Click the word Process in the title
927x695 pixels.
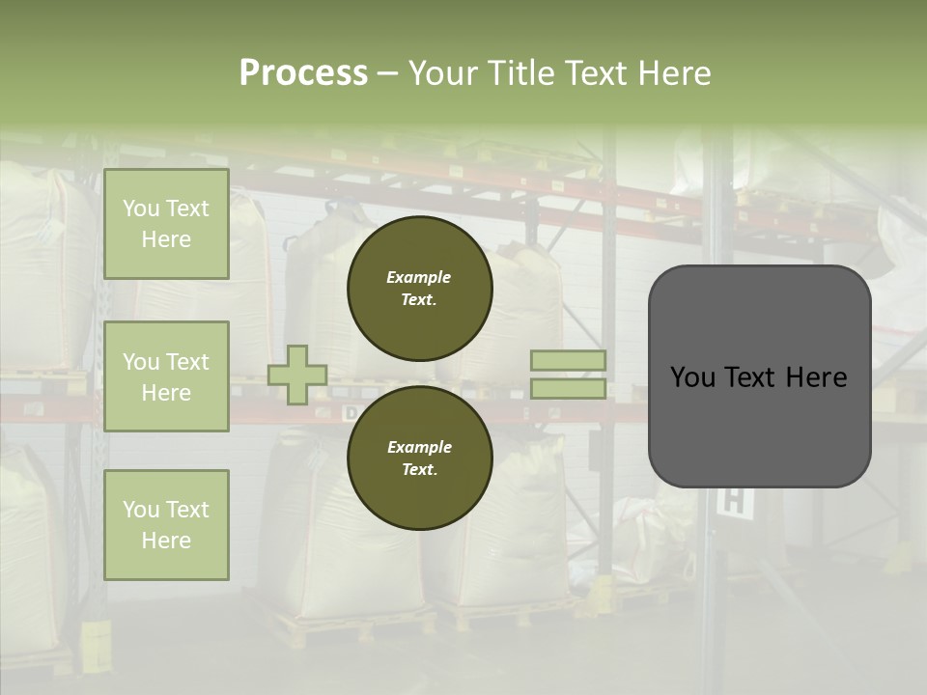[x=303, y=73]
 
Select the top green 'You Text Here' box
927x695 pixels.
[x=166, y=224]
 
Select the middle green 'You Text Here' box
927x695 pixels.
[x=166, y=376]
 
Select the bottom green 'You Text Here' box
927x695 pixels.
[x=166, y=525]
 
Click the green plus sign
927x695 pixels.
[x=297, y=375]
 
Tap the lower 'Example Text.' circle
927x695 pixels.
[x=419, y=458]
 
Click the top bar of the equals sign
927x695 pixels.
[x=569, y=361]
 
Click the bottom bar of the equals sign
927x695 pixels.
[x=569, y=388]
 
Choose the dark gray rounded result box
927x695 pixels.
[x=759, y=425]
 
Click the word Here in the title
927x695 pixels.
[x=673, y=73]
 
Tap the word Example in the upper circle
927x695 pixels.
[x=418, y=277]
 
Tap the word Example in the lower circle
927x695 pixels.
[x=419, y=447]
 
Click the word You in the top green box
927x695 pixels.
[x=141, y=208]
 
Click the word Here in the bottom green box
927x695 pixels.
[x=166, y=541]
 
